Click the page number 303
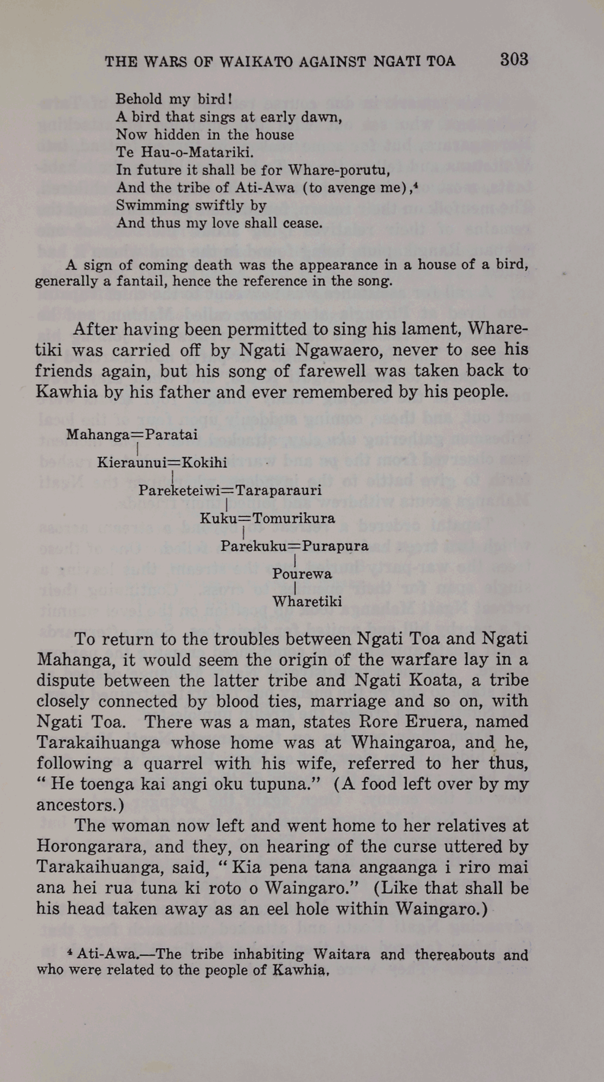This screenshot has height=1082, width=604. tap(513, 60)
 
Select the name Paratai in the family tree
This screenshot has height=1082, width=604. tap(171, 435)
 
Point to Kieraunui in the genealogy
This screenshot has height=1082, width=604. tap(132, 463)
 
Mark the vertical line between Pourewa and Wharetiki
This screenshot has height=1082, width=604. tap(294, 587)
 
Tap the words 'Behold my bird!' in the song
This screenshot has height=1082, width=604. tap(174, 99)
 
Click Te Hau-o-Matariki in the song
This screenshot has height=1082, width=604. tap(184, 152)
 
